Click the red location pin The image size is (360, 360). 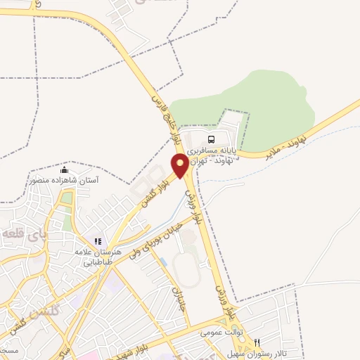(x=180, y=166)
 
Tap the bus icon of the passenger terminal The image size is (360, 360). (x=212, y=139)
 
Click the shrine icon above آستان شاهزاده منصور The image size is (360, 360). (x=65, y=170)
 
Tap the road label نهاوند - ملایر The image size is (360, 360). (x=275, y=146)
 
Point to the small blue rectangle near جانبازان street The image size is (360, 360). (x=163, y=262)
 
